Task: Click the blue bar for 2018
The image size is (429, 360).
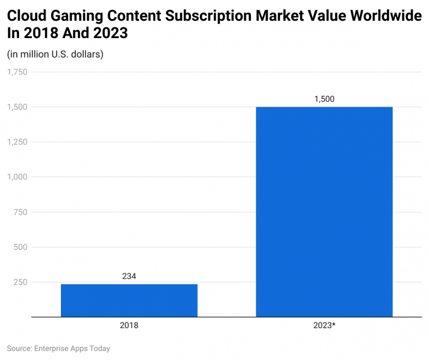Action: click(x=129, y=300)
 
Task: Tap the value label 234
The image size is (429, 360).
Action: click(x=129, y=276)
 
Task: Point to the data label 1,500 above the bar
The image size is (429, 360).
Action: click(x=324, y=99)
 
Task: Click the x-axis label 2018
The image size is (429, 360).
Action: click(x=129, y=325)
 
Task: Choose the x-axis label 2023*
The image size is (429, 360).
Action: click(x=324, y=325)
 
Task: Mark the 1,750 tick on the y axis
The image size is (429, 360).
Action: click(x=17, y=72)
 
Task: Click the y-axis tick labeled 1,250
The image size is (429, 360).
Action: click(x=17, y=141)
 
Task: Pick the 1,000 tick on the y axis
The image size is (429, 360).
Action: click(x=17, y=177)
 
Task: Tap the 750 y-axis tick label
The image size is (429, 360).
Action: click(x=21, y=212)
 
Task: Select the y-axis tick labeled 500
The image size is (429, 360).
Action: click(x=21, y=247)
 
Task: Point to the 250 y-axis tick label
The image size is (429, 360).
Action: click(x=21, y=282)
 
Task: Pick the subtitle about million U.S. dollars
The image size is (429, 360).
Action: click(x=55, y=54)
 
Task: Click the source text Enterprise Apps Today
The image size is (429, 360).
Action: click(x=72, y=348)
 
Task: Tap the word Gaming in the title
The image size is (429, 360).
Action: click(x=75, y=16)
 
